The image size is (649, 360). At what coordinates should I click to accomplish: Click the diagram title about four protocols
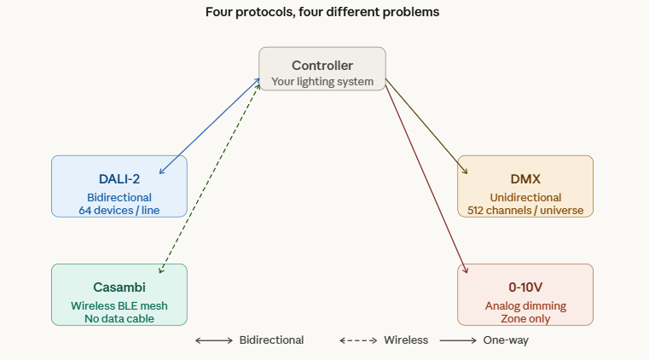[322, 13]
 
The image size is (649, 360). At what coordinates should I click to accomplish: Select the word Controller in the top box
[322, 66]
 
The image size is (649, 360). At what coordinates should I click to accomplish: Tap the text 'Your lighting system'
[322, 82]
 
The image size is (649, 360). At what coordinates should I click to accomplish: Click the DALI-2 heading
[119, 179]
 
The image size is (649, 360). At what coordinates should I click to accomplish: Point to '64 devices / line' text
[119, 210]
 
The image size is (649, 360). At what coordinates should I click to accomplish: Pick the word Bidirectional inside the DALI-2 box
[119, 197]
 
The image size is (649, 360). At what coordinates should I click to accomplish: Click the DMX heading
[525, 179]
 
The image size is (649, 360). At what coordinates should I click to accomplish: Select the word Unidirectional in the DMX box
[525, 197]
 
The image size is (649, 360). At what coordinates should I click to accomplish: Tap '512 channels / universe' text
[525, 210]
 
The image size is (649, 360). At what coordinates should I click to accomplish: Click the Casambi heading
[119, 287]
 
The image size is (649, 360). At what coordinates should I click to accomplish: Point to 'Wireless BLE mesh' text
[119, 305]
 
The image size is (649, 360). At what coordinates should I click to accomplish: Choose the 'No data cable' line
[119, 318]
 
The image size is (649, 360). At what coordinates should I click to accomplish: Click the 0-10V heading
[525, 287]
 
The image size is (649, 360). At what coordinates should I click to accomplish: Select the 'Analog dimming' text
[525, 305]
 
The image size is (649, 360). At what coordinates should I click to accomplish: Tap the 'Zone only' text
[525, 318]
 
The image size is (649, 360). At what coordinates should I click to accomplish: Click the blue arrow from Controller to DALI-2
[210, 127]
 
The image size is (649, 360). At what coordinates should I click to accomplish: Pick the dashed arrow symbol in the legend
[358, 340]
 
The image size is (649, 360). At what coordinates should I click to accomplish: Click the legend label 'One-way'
[506, 340]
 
